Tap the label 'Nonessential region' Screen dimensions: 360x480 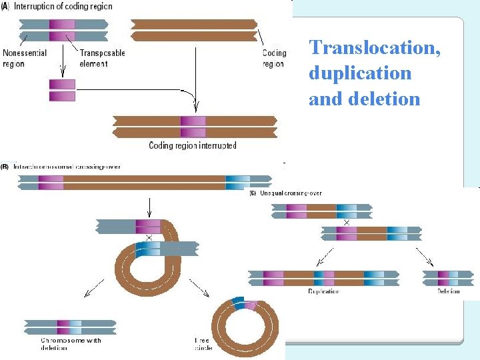[25, 58]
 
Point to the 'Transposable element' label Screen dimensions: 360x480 [102, 58]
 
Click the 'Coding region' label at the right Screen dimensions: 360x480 [274, 58]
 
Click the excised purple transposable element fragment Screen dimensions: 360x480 [62, 90]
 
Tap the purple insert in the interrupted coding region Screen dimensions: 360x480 [193, 127]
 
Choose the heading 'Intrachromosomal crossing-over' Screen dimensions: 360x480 [67, 167]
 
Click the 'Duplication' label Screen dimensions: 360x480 [323, 291]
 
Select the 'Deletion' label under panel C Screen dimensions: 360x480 [448, 291]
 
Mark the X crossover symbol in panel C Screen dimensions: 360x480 [346, 223]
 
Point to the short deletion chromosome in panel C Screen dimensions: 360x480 [448, 278]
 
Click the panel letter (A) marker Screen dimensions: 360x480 [5, 6]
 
